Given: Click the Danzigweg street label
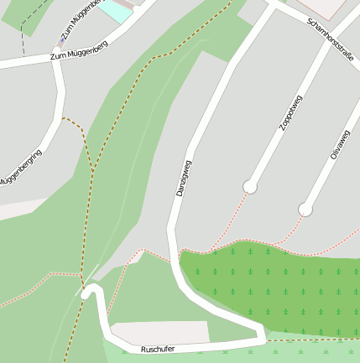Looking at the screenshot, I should (184, 178).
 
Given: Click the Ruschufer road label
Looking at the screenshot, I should (158, 348).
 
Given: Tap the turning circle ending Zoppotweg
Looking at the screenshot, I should (249, 186).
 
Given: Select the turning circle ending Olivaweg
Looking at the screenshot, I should (305, 210).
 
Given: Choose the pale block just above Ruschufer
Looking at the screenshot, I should (159, 331).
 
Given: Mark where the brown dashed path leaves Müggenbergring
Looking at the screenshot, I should (63, 118).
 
